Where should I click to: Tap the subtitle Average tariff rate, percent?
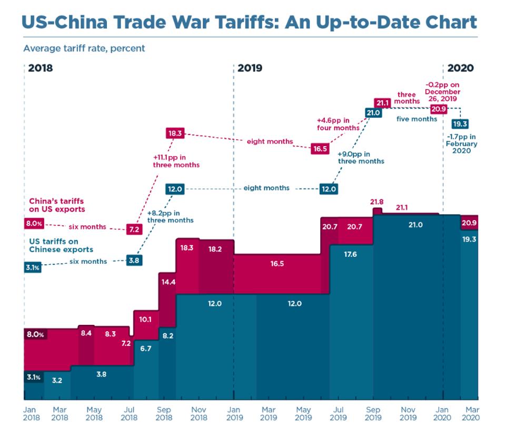[x=84, y=48]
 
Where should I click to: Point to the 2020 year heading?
[x=460, y=68]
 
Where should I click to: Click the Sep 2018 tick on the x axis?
[x=164, y=413]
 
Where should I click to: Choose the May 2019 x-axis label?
[x=303, y=413]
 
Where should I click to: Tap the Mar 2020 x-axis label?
[x=471, y=413]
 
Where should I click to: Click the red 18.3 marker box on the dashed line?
[x=175, y=133]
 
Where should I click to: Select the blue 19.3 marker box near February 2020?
[x=461, y=124]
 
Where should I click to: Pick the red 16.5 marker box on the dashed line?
[x=320, y=149]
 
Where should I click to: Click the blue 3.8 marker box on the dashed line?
[x=134, y=260]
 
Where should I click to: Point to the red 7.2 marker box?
[x=134, y=229]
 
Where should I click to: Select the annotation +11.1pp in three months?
[x=175, y=161]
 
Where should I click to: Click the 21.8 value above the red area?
[x=377, y=202]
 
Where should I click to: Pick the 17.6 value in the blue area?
[x=351, y=254]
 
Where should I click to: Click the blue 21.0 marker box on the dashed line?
[x=373, y=112]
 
